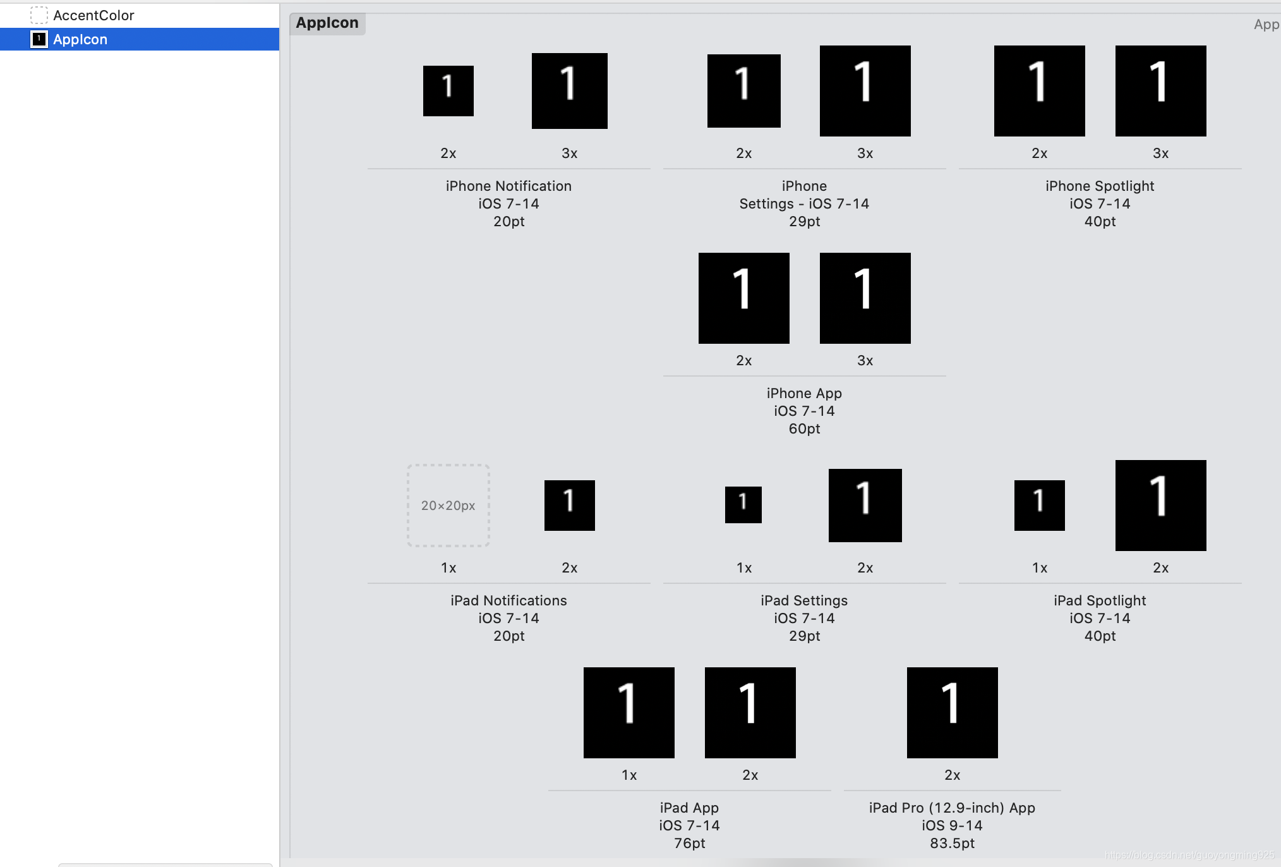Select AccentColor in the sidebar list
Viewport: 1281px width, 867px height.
coord(93,15)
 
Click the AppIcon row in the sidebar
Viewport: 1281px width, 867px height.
coord(80,39)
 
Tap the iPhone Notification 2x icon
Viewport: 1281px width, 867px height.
coord(448,91)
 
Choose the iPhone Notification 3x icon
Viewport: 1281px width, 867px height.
coord(569,91)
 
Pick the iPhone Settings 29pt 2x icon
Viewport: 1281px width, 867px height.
coord(743,91)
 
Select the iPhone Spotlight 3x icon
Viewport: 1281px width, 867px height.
coord(1160,91)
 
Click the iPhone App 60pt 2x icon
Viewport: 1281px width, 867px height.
coord(743,298)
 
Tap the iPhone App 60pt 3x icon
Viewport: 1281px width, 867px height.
coord(865,298)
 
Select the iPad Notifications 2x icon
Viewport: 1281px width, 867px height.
coord(569,506)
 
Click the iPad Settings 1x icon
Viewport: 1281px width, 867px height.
coord(743,505)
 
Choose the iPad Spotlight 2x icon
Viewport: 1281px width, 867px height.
coord(1160,506)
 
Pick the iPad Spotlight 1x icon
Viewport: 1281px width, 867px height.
coord(1039,506)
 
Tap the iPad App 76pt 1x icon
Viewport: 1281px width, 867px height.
coord(628,713)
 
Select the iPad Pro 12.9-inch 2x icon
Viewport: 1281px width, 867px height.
coord(952,713)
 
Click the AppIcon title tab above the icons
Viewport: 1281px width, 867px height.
coord(327,23)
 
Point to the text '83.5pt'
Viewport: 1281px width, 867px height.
coord(952,843)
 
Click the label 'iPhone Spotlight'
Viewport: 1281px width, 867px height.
coord(1100,186)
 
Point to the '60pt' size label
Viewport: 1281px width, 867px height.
coord(804,428)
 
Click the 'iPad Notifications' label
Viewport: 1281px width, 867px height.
coord(508,600)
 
